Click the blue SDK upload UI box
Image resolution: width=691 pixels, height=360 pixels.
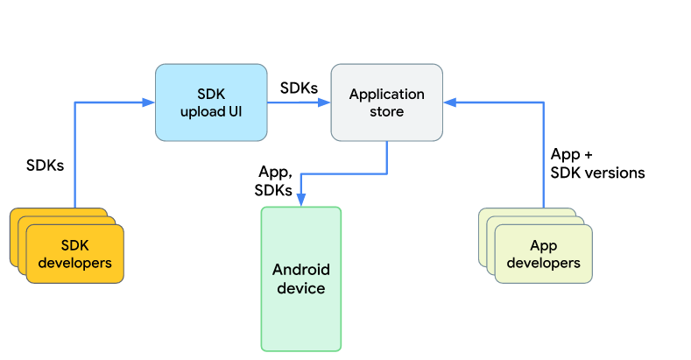211,102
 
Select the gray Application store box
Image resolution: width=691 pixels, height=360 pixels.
386,102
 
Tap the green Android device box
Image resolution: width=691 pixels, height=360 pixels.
300,279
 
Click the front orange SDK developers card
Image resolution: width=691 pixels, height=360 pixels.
74,254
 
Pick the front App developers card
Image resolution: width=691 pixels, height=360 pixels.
543,254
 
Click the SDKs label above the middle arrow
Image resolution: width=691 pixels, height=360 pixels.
299,88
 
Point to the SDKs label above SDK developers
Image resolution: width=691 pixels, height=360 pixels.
45,165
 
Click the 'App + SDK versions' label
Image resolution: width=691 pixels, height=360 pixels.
596,164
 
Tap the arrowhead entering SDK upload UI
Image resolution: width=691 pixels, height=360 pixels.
149,102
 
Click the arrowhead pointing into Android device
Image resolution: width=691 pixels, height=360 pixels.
300,201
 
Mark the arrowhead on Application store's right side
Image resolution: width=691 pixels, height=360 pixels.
449,102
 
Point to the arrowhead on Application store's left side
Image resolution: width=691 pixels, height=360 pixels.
324,102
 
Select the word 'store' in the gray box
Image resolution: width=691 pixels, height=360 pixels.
386,111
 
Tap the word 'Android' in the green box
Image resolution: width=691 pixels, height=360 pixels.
300,270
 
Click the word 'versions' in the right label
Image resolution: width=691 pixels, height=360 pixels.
617,173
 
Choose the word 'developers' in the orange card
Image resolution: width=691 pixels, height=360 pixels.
74,263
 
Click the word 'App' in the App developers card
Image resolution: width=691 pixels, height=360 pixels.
543,245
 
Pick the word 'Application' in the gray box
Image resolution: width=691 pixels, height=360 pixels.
386,94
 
